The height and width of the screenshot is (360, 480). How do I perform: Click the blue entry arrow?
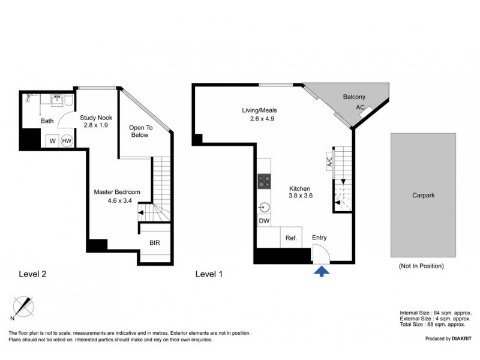[322, 271]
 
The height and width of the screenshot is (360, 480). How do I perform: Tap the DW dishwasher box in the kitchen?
[264, 221]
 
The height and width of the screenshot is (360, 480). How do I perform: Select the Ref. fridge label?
[291, 238]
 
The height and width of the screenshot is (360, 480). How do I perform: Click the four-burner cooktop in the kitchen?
[264, 181]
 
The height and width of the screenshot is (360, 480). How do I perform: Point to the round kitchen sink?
[264, 208]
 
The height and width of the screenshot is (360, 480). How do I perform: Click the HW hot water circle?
[67, 141]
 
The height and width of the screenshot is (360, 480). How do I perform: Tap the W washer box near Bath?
[52, 141]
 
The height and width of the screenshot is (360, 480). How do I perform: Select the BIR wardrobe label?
[155, 243]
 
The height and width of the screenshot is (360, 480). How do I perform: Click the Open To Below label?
[140, 131]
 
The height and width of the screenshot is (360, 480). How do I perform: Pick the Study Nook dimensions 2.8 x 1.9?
[96, 125]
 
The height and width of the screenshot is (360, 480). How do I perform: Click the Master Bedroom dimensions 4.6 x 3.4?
[119, 201]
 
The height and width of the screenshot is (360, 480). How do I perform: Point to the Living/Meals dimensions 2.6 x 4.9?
[262, 119]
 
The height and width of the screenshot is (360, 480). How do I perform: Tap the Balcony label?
[354, 97]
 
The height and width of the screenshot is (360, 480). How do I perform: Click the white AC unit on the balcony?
[366, 112]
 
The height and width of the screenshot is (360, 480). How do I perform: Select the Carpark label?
[424, 196]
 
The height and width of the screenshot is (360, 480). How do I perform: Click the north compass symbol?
[23, 307]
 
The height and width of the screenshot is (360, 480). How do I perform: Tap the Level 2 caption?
[32, 274]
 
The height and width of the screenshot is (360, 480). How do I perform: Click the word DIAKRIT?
[461, 338]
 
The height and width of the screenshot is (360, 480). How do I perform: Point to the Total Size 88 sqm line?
[433, 325]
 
